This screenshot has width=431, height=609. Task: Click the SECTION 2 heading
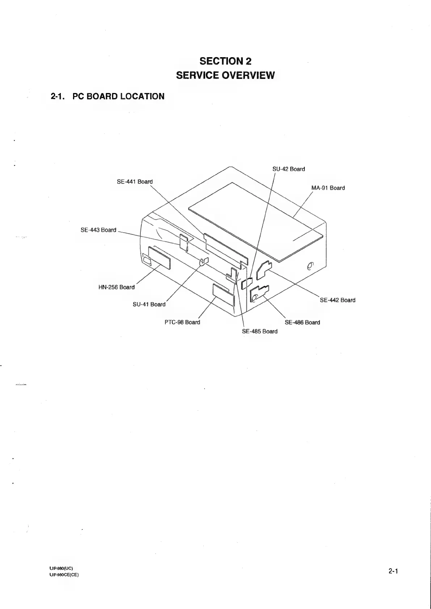coord(225,61)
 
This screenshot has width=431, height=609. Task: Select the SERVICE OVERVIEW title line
coord(225,75)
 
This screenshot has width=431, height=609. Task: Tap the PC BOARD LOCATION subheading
coord(107,96)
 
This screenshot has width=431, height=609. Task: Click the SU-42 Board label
coord(288,169)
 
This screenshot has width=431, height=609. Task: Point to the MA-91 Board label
coord(328,188)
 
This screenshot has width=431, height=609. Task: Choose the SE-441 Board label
coord(135,182)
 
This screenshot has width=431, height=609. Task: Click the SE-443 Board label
coord(98,230)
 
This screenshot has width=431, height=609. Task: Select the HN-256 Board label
coord(116,287)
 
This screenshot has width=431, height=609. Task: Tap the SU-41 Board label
coord(149,304)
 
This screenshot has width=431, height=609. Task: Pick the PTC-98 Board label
coord(182,322)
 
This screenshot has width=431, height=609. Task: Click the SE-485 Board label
coord(259,331)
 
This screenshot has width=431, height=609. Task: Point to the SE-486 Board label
coord(302,322)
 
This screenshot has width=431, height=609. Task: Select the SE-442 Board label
coord(338,300)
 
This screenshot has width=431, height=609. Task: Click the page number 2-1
coord(393,571)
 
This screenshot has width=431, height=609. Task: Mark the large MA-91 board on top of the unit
coord(255,221)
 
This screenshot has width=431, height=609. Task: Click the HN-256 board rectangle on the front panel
coord(159,258)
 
